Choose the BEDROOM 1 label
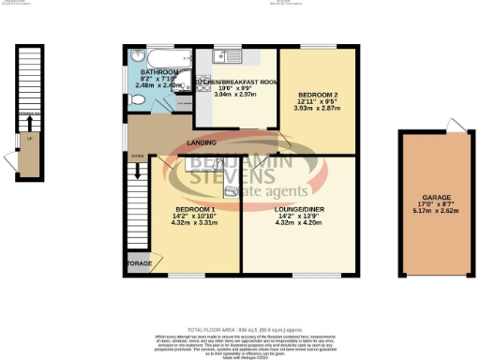click(x=195, y=209)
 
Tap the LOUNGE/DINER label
click(x=299, y=210)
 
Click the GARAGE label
click(x=435, y=198)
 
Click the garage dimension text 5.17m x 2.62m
click(x=435, y=213)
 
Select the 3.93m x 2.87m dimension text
click(x=318, y=110)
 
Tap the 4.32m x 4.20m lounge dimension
click(x=299, y=225)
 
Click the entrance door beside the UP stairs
click(x=12, y=157)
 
